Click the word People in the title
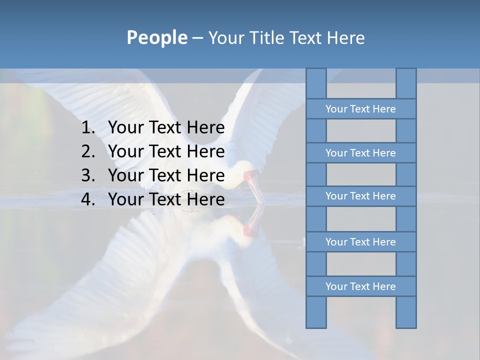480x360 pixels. pyautogui.click(x=156, y=38)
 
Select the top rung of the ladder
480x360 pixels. pyautogui.click(x=360, y=109)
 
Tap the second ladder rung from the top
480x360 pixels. pyautogui.click(x=360, y=153)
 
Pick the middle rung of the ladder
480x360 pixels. pyautogui.click(x=360, y=196)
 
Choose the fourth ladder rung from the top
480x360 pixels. pyautogui.click(x=360, y=242)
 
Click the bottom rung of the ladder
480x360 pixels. pyautogui.click(x=360, y=286)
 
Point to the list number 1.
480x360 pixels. pyautogui.click(x=87, y=128)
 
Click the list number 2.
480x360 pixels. pyautogui.click(x=87, y=151)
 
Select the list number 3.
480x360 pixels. pyautogui.click(x=87, y=175)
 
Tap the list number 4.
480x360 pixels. pyautogui.click(x=87, y=199)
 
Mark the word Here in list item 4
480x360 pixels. pyautogui.click(x=205, y=199)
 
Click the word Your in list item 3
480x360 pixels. pyautogui.click(x=124, y=175)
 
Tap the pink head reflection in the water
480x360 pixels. pyautogui.click(x=249, y=229)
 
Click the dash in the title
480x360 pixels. pyautogui.click(x=197, y=38)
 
